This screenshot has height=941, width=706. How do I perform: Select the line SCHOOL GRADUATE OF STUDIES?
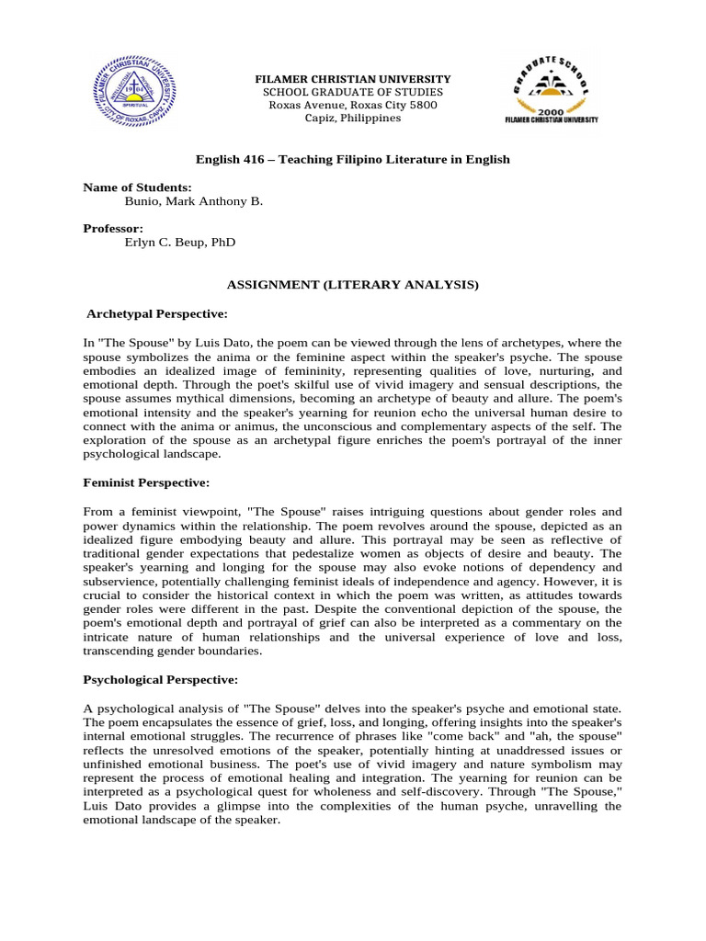[353, 92]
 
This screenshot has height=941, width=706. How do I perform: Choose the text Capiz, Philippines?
[353, 118]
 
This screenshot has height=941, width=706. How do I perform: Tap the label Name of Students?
[137, 187]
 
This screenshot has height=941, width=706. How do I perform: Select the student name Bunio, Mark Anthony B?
[193, 200]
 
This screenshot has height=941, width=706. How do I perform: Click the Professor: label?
[114, 228]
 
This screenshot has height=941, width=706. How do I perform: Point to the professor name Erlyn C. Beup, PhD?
[179, 242]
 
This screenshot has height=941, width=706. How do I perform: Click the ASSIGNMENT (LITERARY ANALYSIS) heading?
[353, 285]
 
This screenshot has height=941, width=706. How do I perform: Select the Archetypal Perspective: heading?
[156, 313]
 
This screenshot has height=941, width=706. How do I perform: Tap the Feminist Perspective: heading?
[146, 482]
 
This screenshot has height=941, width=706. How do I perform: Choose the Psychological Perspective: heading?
[160, 679]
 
